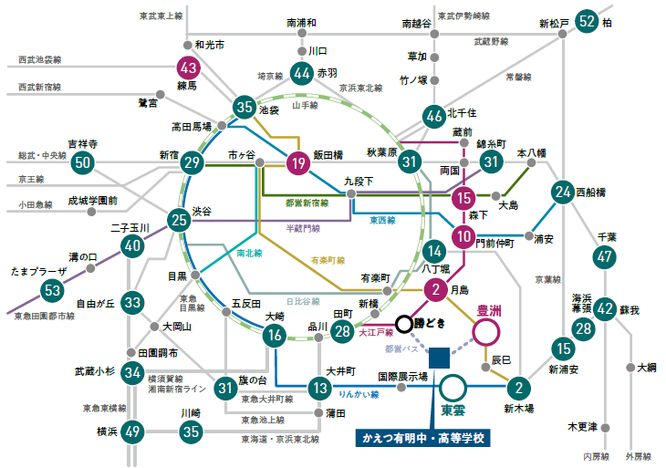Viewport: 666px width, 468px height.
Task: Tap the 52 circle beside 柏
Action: pos(588,21)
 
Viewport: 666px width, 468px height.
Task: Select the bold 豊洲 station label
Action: pos(489,311)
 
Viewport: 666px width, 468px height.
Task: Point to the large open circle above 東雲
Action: pos(453,385)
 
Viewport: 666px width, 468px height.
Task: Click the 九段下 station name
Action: pos(359,182)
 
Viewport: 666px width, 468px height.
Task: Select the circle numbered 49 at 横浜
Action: pos(133,432)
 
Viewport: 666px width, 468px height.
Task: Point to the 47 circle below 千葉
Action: pos(604,257)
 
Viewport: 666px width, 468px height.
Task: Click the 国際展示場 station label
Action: pos(402,376)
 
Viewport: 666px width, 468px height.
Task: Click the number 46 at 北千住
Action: pos(435,116)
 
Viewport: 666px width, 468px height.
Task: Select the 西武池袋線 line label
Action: pos(39,60)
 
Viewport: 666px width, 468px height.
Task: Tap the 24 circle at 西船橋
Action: pos(563,192)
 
